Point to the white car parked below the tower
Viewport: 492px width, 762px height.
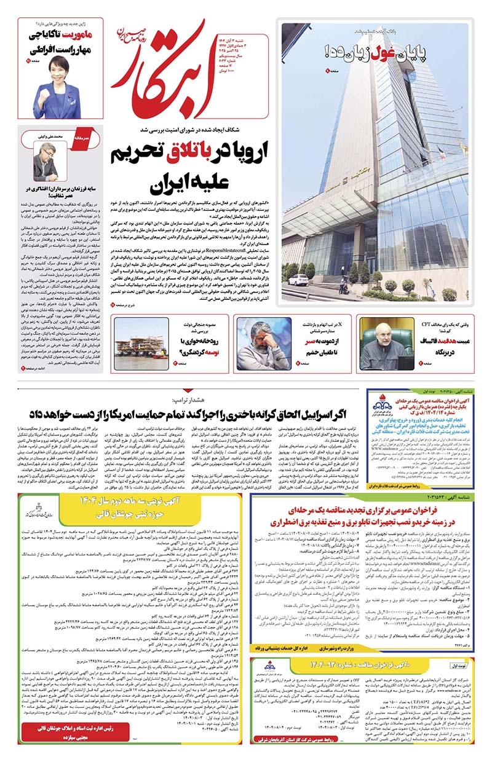[298, 280]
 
